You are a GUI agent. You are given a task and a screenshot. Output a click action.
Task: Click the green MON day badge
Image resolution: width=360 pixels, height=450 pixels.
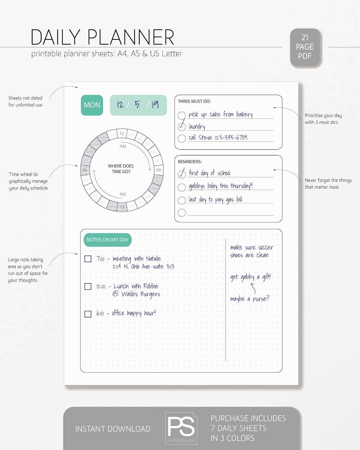92,105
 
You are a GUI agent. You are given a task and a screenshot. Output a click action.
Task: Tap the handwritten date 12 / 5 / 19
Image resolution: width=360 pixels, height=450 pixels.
138,105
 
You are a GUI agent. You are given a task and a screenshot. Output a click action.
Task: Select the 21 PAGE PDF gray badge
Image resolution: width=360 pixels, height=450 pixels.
305,47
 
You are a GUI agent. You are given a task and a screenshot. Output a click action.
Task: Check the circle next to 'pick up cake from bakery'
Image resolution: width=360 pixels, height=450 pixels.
182,115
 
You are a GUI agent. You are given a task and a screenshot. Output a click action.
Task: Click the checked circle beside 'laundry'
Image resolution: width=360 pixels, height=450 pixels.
182,127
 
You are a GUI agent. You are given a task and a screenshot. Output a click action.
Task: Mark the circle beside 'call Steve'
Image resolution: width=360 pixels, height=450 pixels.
182,138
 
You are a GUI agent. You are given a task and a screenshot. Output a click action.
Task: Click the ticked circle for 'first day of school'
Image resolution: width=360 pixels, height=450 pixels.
182,174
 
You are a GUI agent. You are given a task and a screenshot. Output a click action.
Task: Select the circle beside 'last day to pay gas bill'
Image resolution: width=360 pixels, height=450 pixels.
182,200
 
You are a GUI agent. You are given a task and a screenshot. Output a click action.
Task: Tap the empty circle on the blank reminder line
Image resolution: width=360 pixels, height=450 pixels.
182,213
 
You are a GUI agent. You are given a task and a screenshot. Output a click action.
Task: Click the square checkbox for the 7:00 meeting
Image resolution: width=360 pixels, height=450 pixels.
88,259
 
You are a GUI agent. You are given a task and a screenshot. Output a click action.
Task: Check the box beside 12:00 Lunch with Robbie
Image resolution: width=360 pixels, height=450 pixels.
88,286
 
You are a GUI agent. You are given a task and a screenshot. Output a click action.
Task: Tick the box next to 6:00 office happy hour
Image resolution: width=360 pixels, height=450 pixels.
88,314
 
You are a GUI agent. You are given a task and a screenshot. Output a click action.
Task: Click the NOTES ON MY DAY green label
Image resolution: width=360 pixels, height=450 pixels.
107,240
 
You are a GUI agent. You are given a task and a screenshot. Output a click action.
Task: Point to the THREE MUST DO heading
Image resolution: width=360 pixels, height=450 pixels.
194,101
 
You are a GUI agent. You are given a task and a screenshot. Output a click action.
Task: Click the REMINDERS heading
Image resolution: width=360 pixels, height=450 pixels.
189,162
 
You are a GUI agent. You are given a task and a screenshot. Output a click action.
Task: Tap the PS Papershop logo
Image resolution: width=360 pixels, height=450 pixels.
181,428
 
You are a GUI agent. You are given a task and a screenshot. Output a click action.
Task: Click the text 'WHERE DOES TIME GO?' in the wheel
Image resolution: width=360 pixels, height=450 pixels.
121,169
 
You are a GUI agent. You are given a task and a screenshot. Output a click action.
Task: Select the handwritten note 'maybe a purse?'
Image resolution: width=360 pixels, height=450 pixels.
249,299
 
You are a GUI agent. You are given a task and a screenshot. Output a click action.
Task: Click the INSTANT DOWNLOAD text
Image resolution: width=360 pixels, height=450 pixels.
113,429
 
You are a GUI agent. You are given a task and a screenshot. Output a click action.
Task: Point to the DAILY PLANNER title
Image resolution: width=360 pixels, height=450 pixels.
102,37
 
